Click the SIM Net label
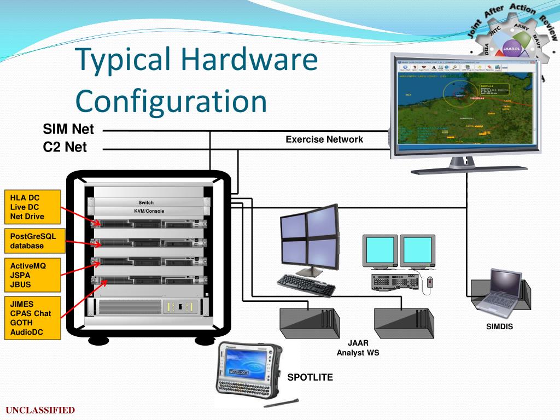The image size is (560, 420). coord(68,130)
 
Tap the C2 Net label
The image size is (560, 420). coord(65,147)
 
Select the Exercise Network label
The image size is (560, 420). coord(324,139)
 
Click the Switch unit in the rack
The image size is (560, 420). coord(146,203)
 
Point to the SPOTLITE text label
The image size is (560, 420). coord(310,377)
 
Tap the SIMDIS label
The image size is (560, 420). coord(499,328)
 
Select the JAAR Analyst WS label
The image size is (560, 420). coord(358,348)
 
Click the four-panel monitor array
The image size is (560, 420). coord(308,241)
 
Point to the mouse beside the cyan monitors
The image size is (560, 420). coord(430,282)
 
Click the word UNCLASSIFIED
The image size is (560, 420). coord(40,410)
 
